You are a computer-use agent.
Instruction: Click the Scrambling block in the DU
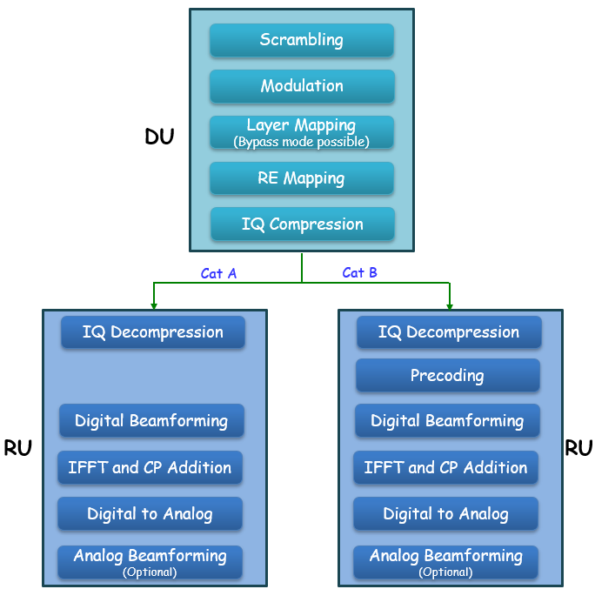click(302, 40)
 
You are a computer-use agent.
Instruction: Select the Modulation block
click(302, 86)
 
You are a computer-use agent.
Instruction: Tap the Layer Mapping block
click(302, 132)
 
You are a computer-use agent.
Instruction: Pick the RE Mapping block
click(302, 178)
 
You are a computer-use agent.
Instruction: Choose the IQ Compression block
click(302, 224)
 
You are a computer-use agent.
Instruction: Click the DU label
click(159, 137)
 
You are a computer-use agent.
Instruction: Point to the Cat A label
click(218, 273)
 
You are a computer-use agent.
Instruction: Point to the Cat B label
click(359, 272)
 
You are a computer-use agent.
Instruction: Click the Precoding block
click(447, 376)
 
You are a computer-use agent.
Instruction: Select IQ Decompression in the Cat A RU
click(153, 332)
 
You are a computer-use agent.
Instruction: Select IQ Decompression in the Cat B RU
click(449, 332)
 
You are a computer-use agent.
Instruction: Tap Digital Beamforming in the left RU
click(151, 421)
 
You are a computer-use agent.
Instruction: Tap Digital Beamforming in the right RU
click(447, 421)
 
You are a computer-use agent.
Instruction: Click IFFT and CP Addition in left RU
click(150, 467)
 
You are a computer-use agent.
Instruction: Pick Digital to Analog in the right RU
click(445, 513)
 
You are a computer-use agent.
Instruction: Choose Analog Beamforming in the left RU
click(150, 560)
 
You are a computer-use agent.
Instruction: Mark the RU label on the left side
click(18, 448)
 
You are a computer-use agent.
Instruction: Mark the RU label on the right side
click(578, 448)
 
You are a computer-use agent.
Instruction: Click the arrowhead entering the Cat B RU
click(450, 305)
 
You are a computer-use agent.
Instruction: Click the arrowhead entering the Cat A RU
click(154, 305)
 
